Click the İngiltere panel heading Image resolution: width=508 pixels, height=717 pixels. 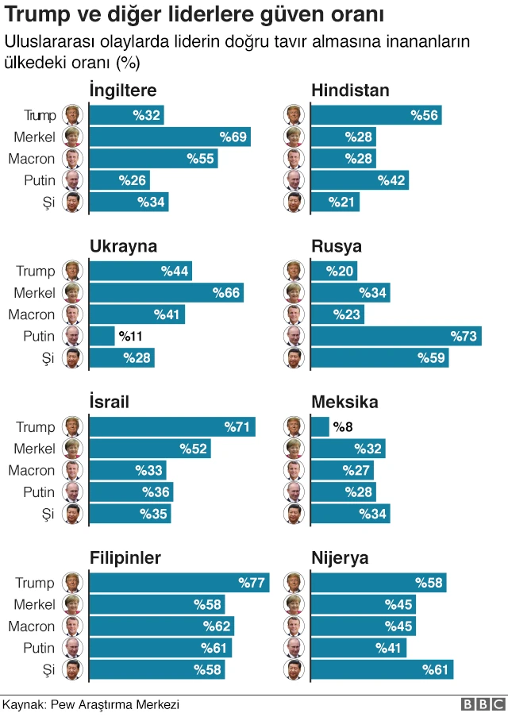[x=122, y=91]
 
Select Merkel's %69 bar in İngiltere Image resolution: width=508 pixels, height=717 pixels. [x=169, y=137]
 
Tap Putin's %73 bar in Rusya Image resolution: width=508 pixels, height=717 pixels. [x=395, y=337]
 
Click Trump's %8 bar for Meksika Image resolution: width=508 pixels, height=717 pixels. [x=319, y=427]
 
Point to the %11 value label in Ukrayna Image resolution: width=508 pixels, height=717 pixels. [x=131, y=337]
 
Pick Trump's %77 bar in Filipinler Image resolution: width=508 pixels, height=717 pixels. [x=179, y=583]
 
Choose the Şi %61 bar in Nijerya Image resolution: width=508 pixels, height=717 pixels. [x=381, y=670]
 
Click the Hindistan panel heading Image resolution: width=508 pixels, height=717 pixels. [x=349, y=91]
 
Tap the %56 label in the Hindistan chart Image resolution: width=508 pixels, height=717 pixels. [x=425, y=116]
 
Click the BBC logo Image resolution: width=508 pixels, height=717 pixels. [x=483, y=704]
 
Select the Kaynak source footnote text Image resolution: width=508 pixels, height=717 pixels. [x=91, y=704]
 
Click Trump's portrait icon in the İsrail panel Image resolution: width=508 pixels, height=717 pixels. [x=72, y=427]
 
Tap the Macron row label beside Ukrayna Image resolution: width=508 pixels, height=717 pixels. [x=32, y=314]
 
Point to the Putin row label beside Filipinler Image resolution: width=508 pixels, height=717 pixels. [x=39, y=648]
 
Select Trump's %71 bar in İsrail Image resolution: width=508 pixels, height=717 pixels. [x=172, y=427]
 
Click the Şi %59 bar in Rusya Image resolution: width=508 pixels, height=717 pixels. [x=379, y=358]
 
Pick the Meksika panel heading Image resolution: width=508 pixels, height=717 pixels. [x=344, y=403]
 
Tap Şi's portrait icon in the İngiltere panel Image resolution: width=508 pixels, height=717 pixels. [x=72, y=202]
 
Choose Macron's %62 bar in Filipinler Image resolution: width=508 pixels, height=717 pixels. [x=161, y=626]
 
